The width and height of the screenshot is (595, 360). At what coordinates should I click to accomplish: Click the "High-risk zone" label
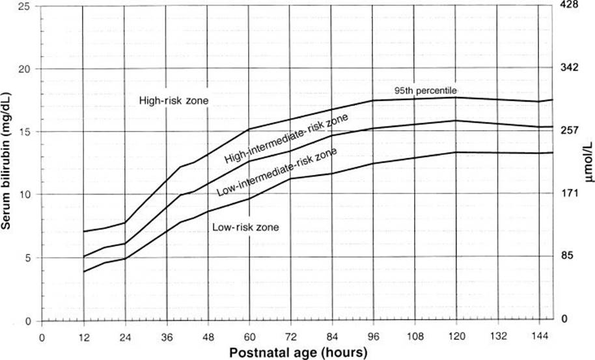tap(174, 101)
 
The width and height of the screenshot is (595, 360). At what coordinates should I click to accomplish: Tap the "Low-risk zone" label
tap(245, 227)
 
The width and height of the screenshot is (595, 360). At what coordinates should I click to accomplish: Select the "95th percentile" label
tap(425, 90)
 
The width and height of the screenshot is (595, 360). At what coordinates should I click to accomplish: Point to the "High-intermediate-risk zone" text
tap(286, 139)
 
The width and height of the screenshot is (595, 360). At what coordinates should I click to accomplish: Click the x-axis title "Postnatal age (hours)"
tap(298, 352)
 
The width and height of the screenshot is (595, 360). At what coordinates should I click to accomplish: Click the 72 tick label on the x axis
tap(291, 337)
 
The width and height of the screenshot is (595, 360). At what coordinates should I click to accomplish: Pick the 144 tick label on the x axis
tap(540, 337)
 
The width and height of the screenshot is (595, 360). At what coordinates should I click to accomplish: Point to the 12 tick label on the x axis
tap(83, 337)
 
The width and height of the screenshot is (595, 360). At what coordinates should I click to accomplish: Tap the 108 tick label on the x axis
tap(415, 337)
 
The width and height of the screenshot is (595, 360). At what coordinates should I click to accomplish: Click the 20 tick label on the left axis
tap(25, 68)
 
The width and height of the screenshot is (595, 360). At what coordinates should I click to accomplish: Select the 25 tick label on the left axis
tap(25, 6)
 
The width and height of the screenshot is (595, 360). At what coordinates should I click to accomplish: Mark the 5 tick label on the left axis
tap(28, 258)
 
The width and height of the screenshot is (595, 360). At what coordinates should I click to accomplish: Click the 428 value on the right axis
tap(569, 5)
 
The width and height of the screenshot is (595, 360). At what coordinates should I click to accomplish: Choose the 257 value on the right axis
tap(569, 130)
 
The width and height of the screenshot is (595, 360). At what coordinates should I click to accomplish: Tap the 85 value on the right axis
tap(566, 256)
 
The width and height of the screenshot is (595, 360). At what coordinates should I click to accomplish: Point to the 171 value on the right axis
tap(569, 193)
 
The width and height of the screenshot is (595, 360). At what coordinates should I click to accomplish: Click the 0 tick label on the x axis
tap(42, 337)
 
